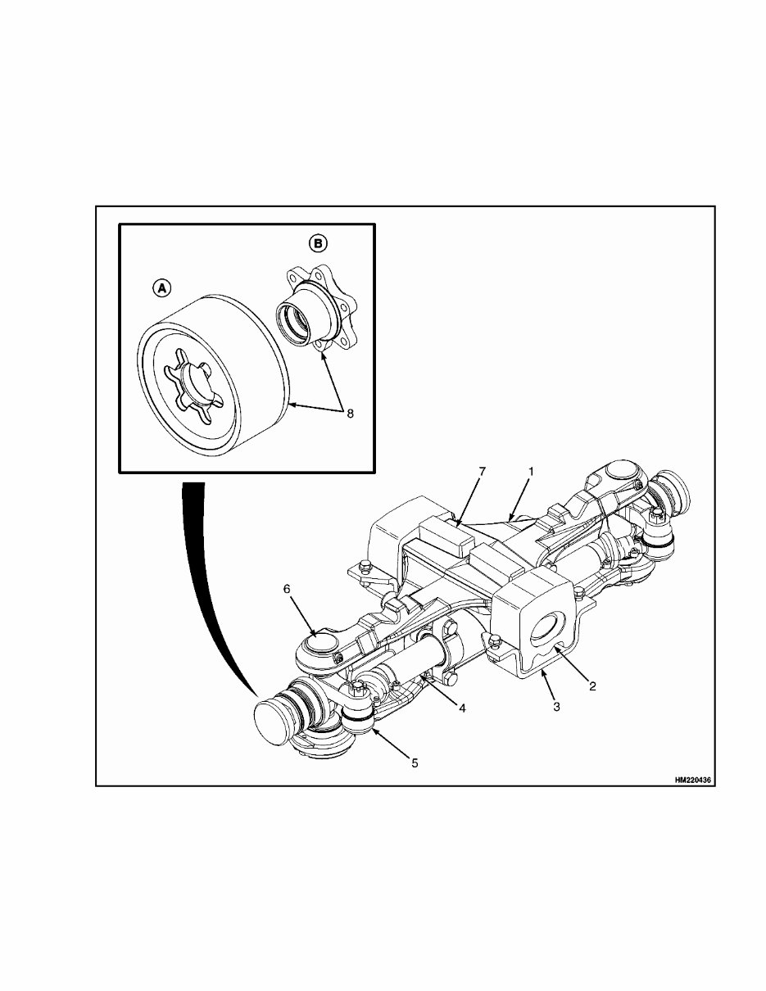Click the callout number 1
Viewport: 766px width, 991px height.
click(x=531, y=473)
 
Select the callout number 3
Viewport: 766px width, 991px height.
click(x=556, y=706)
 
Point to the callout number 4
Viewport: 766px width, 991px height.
click(x=462, y=708)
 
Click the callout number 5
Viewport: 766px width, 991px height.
click(x=415, y=762)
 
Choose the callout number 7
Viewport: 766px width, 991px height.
click(x=483, y=473)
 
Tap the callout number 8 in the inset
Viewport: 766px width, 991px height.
click(x=350, y=414)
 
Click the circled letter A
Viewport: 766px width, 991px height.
click(x=162, y=287)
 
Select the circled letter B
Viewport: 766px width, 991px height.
click(x=318, y=242)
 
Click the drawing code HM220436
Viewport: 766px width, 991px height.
click(x=693, y=781)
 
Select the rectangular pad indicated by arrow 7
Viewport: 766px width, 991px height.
click(x=442, y=536)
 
